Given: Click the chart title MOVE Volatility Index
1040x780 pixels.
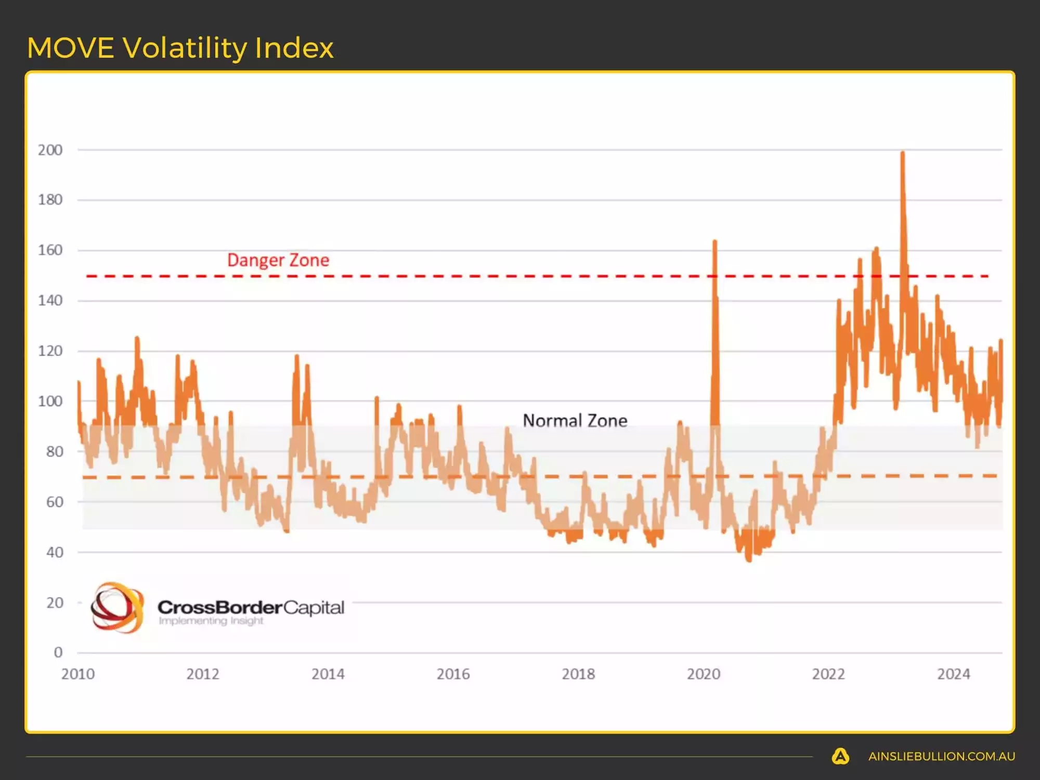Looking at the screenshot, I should click(x=180, y=48).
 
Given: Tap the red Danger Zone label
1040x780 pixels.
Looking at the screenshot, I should click(x=278, y=260).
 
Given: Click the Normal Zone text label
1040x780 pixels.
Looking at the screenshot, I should click(x=575, y=420).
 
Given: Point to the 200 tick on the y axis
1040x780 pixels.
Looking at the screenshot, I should click(x=50, y=150).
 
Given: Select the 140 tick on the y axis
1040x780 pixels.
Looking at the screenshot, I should click(x=50, y=301).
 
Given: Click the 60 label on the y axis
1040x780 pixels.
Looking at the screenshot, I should click(x=54, y=502).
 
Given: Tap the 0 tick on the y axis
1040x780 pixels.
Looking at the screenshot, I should click(x=58, y=652).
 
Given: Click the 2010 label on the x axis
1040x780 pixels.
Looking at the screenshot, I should click(x=78, y=674).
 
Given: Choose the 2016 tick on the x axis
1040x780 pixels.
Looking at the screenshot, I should click(x=453, y=674).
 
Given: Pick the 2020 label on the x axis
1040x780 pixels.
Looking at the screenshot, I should click(x=704, y=674).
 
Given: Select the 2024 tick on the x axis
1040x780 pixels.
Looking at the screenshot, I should click(x=954, y=674).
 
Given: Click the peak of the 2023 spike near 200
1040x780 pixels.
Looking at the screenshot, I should click(x=903, y=153).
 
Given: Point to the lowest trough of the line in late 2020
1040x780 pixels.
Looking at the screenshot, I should click(x=749, y=561).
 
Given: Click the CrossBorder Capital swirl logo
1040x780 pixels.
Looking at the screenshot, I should click(x=117, y=607).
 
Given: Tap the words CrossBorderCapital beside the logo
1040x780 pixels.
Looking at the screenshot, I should click(x=251, y=607).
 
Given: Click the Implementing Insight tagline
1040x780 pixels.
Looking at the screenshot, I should click(x=211, y=621).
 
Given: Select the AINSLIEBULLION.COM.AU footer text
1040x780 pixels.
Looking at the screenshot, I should click(x=941, y=757).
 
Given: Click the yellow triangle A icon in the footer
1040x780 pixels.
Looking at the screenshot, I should click(x=840, y=756).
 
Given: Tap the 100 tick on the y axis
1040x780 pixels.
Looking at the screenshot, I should click(x=50, y=401).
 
